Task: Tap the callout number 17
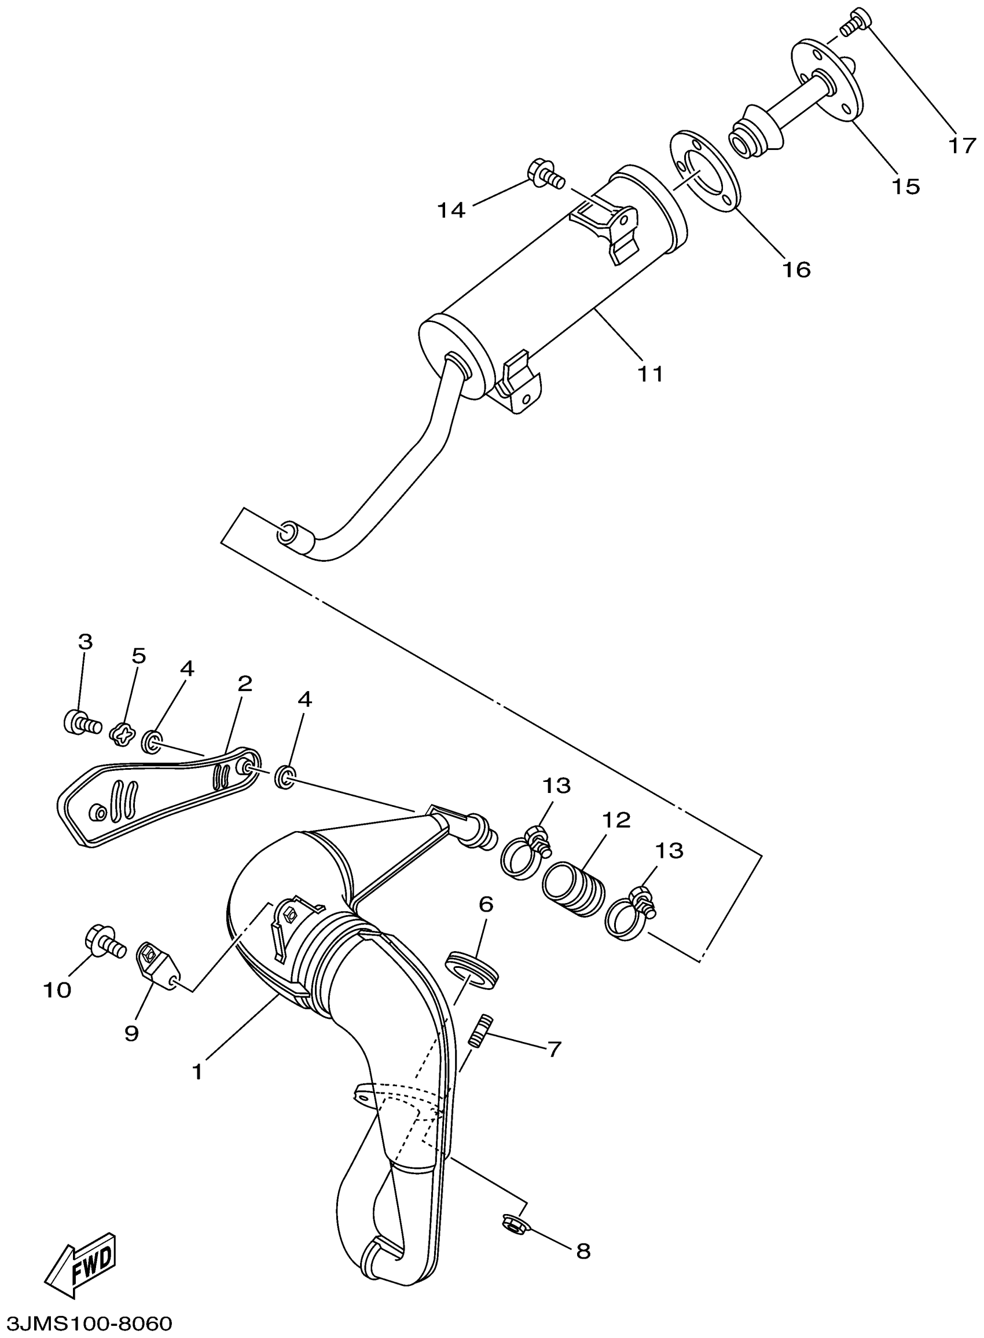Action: [961, 145]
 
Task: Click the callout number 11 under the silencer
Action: [650, 374]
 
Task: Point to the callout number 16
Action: [797, 270]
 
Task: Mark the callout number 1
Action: [197, 1072]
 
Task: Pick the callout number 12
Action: [616, 821]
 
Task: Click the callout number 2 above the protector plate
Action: [244, 683]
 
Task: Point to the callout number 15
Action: [905, 187]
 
